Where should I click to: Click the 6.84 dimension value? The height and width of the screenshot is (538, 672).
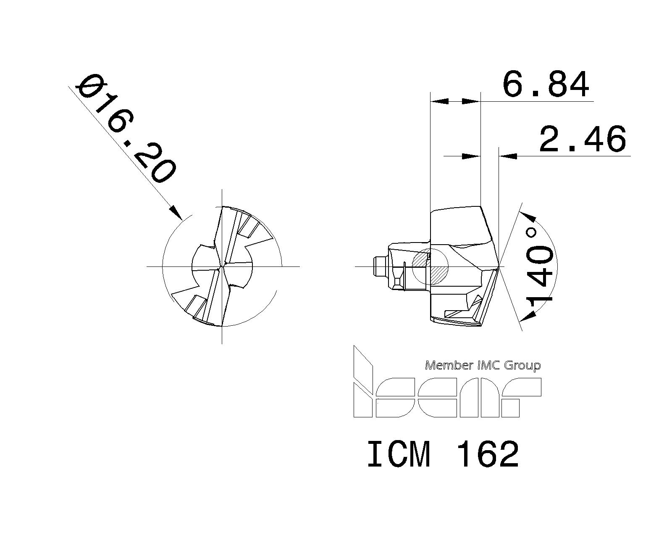tap(546, 85)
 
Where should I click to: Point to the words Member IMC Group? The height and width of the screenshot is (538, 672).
tap(483, 365)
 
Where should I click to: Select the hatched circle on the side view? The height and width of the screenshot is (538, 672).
tap(430, 266)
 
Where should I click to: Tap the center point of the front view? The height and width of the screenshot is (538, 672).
tap(222, 266)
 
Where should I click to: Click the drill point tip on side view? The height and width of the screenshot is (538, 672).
tap(499, 266)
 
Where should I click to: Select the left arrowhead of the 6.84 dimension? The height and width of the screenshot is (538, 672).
tap(438, 101)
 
